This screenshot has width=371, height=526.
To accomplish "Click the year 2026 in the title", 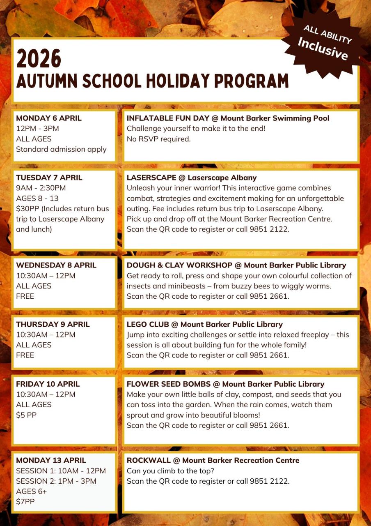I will click(x=39, y=58).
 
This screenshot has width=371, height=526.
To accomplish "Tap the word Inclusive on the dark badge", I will click(x=323, y=48).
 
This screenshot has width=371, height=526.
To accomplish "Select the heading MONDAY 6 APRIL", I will click(x=49, y=118).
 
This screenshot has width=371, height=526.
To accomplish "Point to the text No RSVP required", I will click(x=159, y=139).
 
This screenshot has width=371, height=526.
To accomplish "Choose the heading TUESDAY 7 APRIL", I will click(x=49, y=178).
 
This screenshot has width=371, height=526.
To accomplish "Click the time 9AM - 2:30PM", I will click(x=41, y=188).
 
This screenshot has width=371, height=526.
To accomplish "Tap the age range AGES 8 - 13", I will click(x=38, y=198).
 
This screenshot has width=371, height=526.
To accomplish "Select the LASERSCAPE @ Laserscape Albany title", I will click(x=192, y=178).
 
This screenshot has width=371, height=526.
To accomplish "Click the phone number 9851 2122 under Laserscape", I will click(x=269, y=229).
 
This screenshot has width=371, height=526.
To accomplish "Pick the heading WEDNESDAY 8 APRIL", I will click(x=56, y=265).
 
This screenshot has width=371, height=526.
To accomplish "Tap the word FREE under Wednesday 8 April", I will click(x=25, y=296).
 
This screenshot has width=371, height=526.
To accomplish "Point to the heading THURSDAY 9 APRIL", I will click(x=53, y=324).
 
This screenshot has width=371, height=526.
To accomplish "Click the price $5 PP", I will click(x=26, y=415).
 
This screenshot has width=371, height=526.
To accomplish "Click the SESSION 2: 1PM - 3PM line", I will click(x=56, y=481).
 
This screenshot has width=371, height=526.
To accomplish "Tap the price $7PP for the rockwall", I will click(x=25, y=501).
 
